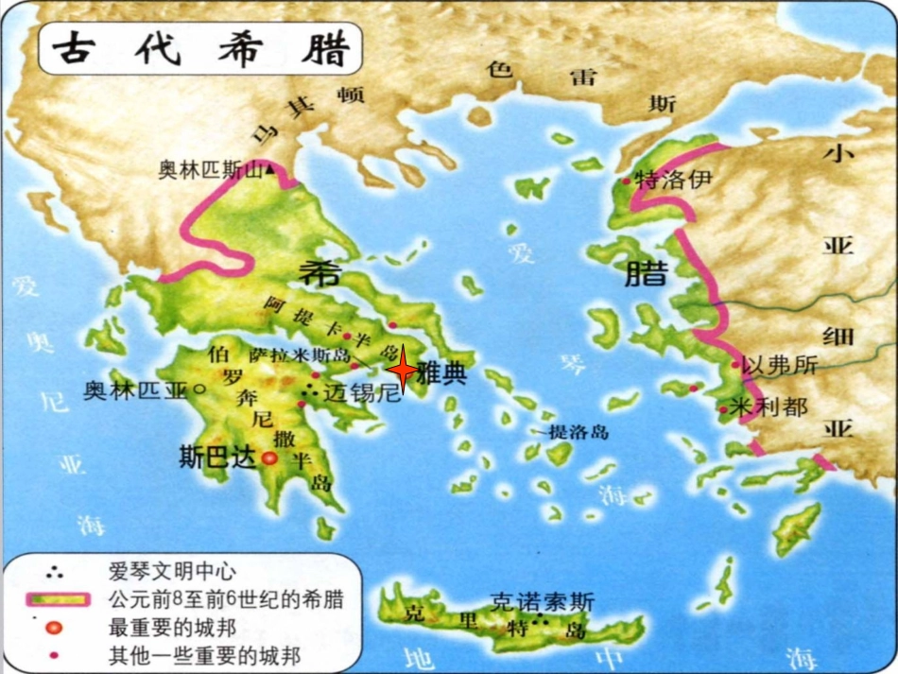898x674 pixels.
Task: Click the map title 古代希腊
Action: point(200,48)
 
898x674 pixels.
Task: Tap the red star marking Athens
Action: point(404,371)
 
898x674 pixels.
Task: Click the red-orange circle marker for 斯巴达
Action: point(268,458)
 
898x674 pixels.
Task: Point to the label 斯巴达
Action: point(217,458)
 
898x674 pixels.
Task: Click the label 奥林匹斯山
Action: point(210,170)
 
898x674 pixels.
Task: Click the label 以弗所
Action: point(780,366)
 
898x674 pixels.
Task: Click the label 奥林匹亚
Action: point(136,389)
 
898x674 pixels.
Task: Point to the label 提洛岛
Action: point(579,432)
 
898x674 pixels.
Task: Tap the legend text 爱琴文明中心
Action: point(173,571)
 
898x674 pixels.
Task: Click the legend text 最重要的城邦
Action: point(172,627)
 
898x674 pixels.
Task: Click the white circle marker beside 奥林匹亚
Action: point(199,389)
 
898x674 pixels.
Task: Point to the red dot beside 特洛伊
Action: point(626,180)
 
